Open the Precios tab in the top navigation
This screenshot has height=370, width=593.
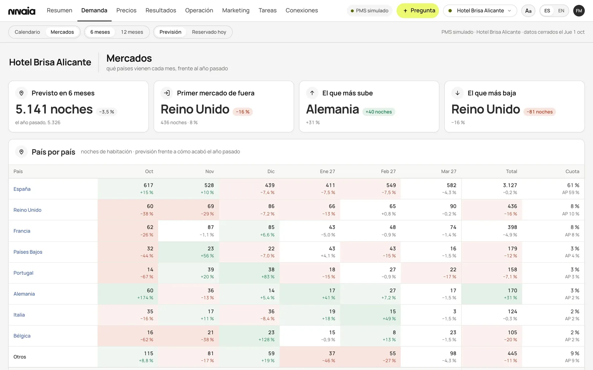126,10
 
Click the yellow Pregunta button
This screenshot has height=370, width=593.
417,11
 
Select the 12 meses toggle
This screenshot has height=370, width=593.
132,32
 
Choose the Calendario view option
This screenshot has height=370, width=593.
27,32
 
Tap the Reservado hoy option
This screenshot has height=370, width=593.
209,32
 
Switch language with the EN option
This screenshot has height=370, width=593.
561,11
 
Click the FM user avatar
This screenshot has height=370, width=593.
579,11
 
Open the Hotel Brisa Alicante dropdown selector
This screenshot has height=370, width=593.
480,11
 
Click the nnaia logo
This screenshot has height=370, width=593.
22,11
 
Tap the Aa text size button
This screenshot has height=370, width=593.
528,11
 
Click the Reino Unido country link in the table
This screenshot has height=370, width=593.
27,210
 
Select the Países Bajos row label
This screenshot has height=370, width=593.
28,252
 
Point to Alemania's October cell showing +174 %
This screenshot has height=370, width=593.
128,294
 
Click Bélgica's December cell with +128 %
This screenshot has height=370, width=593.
249,336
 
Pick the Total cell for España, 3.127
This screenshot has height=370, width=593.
491,189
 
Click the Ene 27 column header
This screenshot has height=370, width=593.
327,171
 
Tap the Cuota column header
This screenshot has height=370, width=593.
572,171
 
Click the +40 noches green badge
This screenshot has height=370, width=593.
378,112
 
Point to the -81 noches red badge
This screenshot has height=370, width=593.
540,112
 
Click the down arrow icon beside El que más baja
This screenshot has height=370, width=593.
457,93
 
